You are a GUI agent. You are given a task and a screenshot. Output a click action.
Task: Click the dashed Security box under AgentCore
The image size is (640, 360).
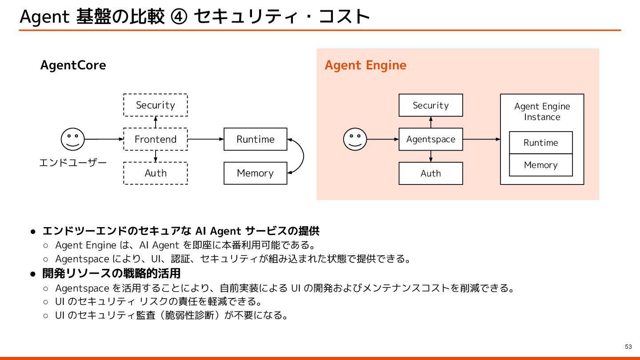155,105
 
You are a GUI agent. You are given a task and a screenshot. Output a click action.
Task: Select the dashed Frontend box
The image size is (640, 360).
155,139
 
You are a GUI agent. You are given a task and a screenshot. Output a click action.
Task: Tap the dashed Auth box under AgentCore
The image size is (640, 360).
155,173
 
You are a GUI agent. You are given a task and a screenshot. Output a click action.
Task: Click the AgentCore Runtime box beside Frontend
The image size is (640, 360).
255,139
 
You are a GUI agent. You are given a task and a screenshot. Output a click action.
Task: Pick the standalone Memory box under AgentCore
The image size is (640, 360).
255,173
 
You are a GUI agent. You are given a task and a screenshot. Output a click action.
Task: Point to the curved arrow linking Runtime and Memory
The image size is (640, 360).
303,156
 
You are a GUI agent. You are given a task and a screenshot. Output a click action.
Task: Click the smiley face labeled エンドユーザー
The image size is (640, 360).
73,139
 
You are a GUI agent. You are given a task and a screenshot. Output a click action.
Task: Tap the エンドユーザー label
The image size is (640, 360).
73,163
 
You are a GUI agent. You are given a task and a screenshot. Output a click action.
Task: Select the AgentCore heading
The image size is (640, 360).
73,65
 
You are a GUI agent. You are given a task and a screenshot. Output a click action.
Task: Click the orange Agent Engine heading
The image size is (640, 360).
365,65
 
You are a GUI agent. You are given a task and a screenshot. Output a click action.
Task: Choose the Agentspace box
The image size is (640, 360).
431,139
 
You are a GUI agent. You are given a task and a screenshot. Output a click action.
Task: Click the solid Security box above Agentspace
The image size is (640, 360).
431,105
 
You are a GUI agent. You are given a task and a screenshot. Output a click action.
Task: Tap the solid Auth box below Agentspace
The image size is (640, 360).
431,173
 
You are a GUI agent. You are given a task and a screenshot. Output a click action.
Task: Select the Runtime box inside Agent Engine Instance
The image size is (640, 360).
540,143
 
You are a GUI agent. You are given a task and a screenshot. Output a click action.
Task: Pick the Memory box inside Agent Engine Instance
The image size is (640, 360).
540,165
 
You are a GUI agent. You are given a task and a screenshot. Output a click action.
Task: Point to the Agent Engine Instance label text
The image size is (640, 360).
542,112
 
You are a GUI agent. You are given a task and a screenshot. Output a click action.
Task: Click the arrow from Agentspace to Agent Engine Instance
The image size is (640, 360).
481,139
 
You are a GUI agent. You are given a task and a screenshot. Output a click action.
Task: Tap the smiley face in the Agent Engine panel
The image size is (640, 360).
355,139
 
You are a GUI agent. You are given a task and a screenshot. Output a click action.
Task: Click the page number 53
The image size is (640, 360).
628,347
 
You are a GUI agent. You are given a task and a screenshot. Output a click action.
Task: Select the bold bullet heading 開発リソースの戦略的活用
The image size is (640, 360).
111,273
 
